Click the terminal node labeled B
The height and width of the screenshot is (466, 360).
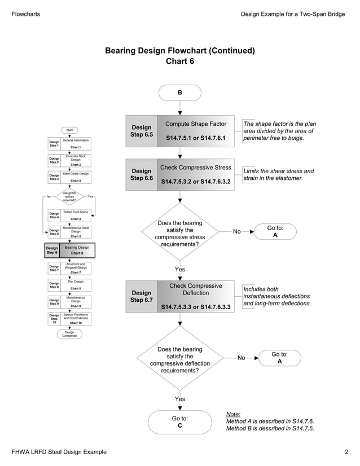point(179,92)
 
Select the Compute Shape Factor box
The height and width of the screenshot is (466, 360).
point(195,130)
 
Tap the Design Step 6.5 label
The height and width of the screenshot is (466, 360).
point(141,131)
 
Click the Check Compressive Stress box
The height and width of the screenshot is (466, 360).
point(195,174)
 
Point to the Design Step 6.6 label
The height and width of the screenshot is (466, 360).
point(141,174)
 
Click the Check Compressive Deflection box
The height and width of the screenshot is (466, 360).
point(195,296)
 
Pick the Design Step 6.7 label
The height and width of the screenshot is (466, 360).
point(141,296)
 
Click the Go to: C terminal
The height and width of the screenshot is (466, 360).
point(179,422)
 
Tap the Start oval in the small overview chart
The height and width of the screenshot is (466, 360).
point(69,130)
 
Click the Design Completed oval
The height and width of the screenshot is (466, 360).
point(69,334)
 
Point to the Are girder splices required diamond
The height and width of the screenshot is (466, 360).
point(69,196)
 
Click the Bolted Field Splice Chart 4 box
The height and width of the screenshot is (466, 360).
point(76,214)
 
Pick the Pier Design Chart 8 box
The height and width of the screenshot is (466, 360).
point(76,284)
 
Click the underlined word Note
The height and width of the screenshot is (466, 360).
point(233,414)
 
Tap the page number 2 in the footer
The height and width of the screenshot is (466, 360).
point(346,452)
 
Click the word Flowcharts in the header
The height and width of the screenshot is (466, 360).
point(26,14)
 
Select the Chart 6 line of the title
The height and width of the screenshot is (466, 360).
point(179,61)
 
